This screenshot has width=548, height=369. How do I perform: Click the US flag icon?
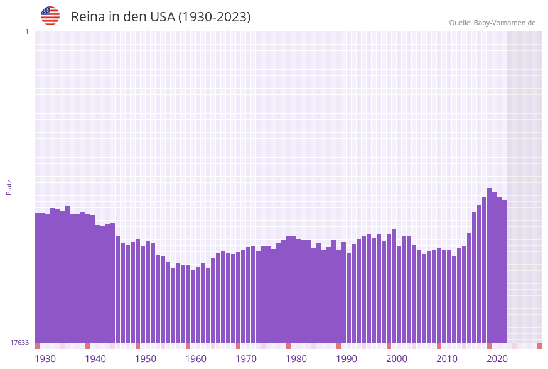[50, 16]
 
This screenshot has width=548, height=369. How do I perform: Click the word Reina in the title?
[88, 17]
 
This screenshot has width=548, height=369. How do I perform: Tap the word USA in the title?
[162, 17]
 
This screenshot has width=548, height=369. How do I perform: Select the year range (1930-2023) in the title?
[214, 17]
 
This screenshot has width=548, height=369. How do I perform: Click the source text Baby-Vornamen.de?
[504, 23]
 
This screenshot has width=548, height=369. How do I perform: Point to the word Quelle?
[459, 23]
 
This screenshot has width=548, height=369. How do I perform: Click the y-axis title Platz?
[9, 187]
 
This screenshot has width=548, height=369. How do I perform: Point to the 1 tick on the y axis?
[26, 31]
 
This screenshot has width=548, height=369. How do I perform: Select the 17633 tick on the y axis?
[19, 343]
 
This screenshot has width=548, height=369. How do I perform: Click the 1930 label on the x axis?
[45, 359]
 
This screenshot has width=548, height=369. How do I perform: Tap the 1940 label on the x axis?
[95, 359]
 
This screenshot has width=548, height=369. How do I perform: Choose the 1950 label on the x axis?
[146, 359]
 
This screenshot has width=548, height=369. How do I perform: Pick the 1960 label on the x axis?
[196, 359]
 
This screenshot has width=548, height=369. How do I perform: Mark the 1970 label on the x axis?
[246, 359]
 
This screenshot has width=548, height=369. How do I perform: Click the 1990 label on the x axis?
[347, 359]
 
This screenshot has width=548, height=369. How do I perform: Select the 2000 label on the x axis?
[397, 359]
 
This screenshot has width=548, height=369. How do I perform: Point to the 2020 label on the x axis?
[497, 359]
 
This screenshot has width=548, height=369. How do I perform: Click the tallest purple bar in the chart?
[490, 264]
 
